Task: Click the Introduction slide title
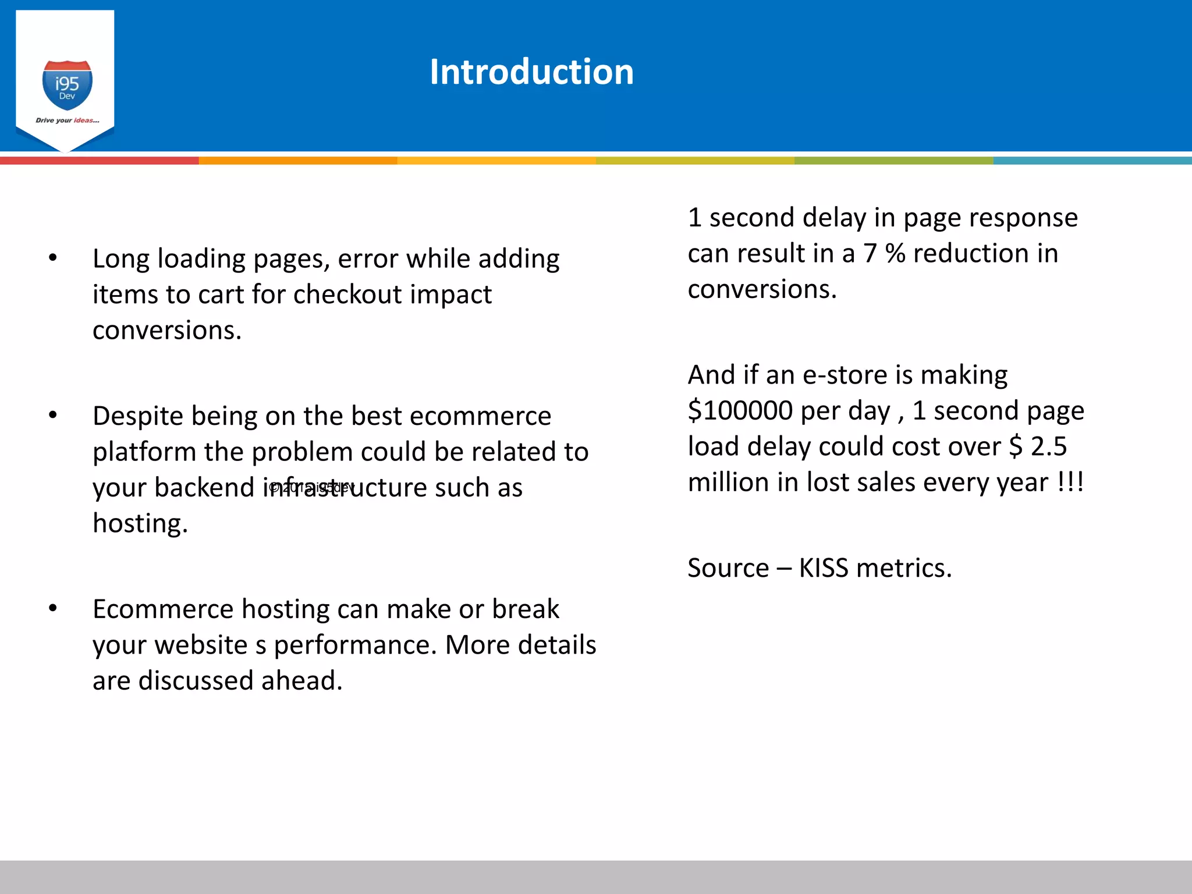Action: point(531,72)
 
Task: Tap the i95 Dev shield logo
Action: point(68,85)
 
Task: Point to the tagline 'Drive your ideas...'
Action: point(68,120)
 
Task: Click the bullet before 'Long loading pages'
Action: point(53,258)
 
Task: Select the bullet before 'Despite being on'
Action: point(53,415)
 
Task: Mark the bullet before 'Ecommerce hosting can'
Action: point(53,608)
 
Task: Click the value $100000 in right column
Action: point(740,411)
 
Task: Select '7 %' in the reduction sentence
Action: point(884,254)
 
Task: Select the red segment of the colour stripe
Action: point(99,161)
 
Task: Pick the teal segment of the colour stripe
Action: point(1092,161)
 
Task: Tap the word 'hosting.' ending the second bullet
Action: point(140,523)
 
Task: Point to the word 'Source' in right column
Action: point(728,568)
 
